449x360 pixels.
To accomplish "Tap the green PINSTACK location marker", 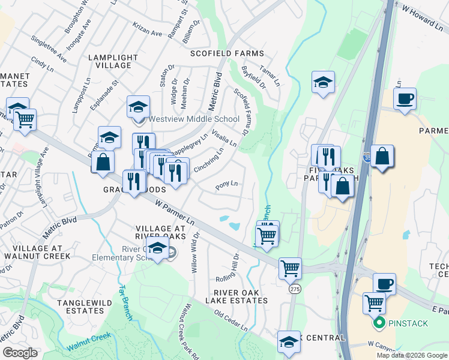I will click(379, 324).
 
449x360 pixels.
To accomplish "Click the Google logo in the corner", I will click(20, 352).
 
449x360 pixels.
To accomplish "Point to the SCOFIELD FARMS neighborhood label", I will click(227, 53).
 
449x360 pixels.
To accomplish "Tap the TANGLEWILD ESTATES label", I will click(80, 307).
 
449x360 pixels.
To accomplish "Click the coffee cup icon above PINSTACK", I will click(384, 284).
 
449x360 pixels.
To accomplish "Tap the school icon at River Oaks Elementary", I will click(158, 249).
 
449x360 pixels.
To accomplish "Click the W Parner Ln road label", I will click(175, 213).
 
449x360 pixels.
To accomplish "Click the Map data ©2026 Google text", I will click(411, 355).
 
